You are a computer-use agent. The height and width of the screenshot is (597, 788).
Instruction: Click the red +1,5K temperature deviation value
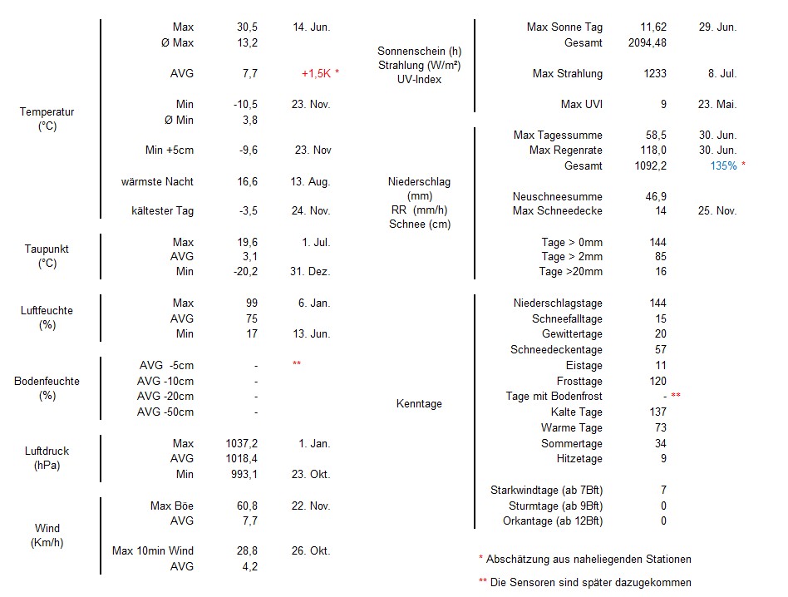pyautogui.click(x=316, y=73)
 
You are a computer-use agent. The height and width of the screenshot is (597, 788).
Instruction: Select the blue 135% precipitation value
pyautogui.click(x=723, y=165)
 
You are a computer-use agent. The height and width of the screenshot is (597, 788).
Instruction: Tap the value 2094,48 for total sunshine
pyautogui.click(x=647, y=42)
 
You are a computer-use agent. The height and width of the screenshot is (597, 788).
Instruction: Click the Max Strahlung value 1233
pyautogui.click(x=654, y=73)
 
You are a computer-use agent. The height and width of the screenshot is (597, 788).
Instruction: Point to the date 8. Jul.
pyautogui.click(x=722, y=73)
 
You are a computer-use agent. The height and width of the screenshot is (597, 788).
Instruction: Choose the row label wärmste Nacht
pyautogui.click(x=157, y=181)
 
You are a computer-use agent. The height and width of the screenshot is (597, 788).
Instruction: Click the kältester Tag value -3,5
pyautogui.click(x=248, y=210)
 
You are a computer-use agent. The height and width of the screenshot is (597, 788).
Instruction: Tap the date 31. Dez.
pyautogui.click(x=311, y=271)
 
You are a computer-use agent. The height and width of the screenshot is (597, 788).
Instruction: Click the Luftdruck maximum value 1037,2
pyautogui.click(x=241, y=443)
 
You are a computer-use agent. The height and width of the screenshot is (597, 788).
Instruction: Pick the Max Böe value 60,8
pyautogui.click(x=247, y=506)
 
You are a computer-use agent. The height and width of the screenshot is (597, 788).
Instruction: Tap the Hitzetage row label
pyautogui.click(x=579, y=458)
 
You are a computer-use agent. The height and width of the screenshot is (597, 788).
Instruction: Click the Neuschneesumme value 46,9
pyautogui.click(x=656, y=196)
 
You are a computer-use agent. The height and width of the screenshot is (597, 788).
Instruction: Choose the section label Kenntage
pyautogui.click(x=419, y=403)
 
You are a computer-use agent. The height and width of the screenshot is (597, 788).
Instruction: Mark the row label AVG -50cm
pyautogui.click(x=165, y=412)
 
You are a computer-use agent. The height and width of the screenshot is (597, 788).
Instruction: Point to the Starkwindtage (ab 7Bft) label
pyautogui.click(x=546, y=490)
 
